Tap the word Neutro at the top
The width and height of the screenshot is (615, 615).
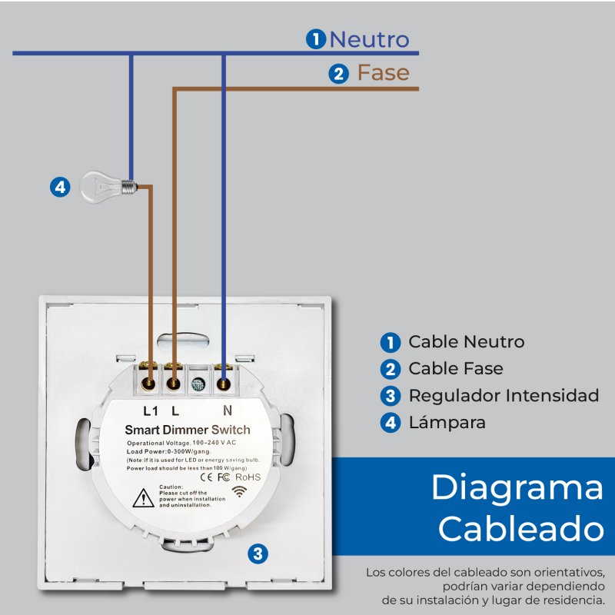369,39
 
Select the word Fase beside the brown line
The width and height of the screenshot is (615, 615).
383,74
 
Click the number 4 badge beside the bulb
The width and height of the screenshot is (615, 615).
60,186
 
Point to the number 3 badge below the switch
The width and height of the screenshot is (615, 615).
258,553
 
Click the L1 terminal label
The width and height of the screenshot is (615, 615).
151,411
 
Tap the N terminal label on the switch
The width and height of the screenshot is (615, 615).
227,411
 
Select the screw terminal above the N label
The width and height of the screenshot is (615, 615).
224,382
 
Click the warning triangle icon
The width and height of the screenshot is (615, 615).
143,498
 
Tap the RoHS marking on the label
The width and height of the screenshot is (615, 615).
248,477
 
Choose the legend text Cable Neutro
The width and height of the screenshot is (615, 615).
466,342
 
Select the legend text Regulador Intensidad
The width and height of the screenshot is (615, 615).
504,396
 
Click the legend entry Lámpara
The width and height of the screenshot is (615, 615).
447,423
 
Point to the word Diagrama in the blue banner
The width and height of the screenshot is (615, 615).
517,489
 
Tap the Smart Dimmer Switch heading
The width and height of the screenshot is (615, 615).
187,429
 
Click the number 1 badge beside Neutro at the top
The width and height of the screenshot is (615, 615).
315,39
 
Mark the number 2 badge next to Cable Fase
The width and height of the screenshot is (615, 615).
391,369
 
